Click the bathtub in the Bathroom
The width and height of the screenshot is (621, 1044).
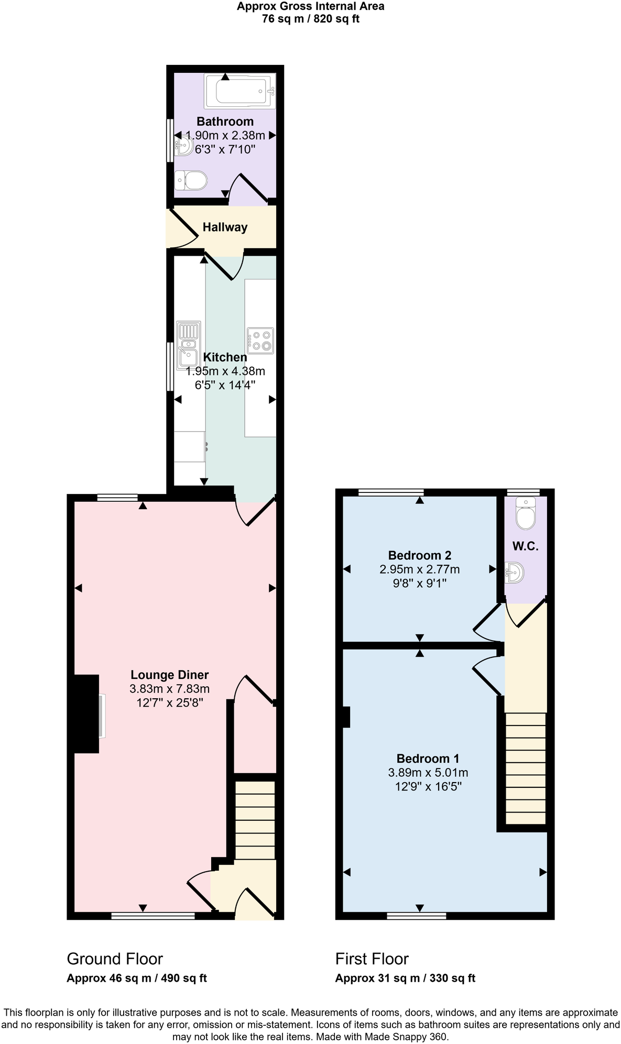point(239,92)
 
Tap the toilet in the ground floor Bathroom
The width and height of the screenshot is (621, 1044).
point(191,182)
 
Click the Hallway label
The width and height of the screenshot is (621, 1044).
point(225,227)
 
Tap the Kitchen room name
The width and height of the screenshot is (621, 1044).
point(225,357)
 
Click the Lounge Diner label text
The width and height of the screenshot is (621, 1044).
point(169,675)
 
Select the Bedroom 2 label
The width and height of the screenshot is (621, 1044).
point(419,555)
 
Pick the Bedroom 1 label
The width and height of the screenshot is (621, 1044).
point(428,759)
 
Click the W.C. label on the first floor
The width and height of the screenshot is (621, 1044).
point(525,546)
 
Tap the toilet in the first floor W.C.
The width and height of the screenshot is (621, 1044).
point(525,514)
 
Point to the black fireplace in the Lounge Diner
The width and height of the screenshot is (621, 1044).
point(86,713)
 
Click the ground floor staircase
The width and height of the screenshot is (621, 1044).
point(255,820)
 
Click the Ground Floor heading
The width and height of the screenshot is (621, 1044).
point(115,959)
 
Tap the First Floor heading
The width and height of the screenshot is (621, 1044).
point(372,959)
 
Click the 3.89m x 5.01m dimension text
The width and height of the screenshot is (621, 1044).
point(428,773)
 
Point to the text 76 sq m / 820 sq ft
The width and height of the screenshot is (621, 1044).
point(310,19)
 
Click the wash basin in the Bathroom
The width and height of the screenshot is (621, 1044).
point(184,145)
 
